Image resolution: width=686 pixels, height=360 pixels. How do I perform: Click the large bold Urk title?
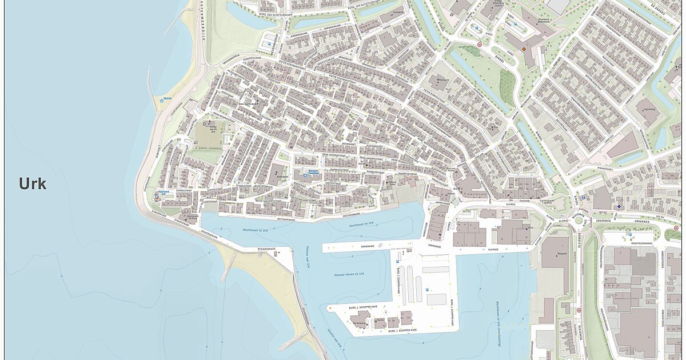click(33, 184)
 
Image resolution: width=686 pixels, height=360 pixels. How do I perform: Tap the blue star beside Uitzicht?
click(162, 101)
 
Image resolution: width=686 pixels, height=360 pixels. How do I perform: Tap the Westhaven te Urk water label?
click(256, 230)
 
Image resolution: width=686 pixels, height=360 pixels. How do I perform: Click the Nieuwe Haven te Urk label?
click(350, 275)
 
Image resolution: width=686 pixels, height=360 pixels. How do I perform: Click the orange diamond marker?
click(523, 49)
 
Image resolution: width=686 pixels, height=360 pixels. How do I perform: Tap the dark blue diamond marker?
click(619, 206)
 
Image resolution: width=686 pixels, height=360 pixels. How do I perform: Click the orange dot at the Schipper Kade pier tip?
click(330, 309)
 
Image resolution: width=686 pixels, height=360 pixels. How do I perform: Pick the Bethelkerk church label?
click(282, 178)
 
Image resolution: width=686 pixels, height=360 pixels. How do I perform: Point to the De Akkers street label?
click(660, 7)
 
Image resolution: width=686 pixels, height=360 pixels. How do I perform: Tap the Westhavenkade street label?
click(286, 218)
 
